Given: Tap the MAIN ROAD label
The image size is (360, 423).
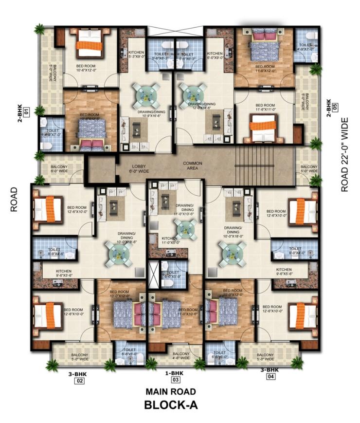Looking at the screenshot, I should tap(171, 391).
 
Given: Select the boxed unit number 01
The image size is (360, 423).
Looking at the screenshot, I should tap(27, 110).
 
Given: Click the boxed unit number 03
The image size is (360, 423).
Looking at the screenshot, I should tap(175, 380).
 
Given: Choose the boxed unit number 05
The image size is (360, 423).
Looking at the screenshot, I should tap(335, 108).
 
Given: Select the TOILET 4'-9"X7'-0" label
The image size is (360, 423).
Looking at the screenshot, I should tap(306, 47).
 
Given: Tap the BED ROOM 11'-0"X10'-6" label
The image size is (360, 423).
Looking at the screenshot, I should tap(188, 313).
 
